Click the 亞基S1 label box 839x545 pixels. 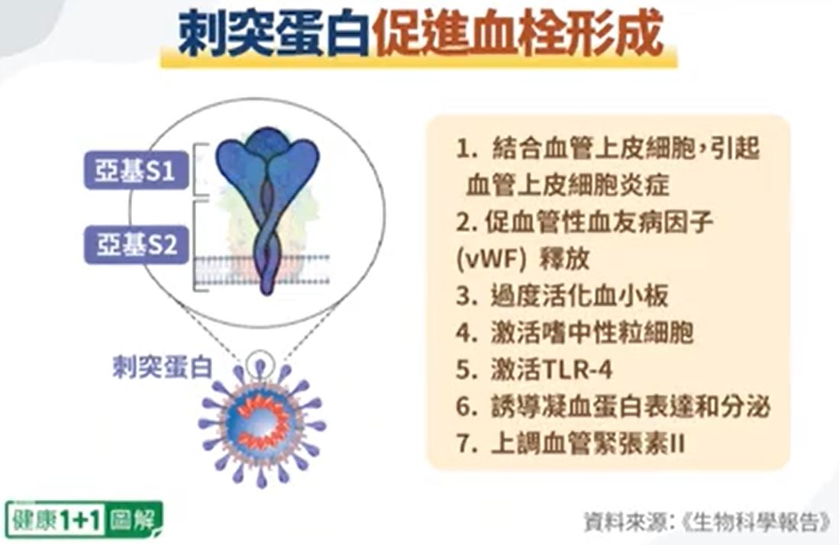click(x=137, y=171)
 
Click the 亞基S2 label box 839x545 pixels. click(x=137, y=244)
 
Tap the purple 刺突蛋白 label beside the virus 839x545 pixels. click(x=163, y=367)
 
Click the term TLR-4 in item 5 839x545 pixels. click(x=577, y=369)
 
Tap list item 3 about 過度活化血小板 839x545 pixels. click(x=562, y=295)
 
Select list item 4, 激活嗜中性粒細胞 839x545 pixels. click(x=575, y=333)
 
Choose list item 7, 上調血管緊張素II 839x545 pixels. click(x=570, y=443)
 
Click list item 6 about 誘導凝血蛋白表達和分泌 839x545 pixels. click(x=613, y=407)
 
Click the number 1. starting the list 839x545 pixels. click(x=466, y=148)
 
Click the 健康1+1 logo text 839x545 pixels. click(x=56, y=519)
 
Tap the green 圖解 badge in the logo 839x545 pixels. click(x=134, y=519)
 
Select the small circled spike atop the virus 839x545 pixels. click(x=260, y=364)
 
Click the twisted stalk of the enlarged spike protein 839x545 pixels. click(x=267, y=235)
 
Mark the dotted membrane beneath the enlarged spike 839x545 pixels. click(x=261, y=270)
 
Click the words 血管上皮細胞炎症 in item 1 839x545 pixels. click(x=568, y=185)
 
